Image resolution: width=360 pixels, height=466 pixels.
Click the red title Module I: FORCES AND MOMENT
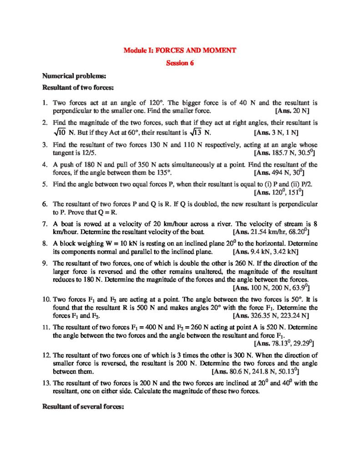180,50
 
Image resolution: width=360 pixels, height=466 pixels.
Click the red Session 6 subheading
180,63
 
